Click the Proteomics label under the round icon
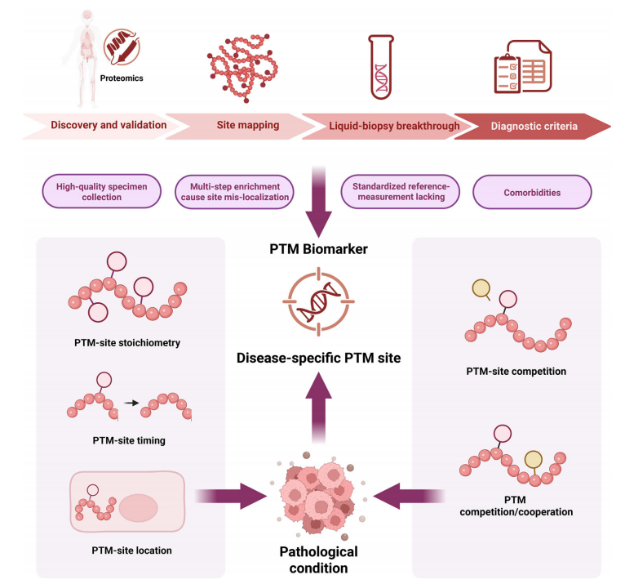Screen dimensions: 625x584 point(122,78)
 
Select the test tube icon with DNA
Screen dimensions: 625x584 point(381,67)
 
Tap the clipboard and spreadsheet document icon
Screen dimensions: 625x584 point(523,67)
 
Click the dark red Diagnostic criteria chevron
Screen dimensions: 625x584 point(533,126)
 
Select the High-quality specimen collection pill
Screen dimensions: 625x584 point(102,191)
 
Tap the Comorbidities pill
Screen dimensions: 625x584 point(532,192)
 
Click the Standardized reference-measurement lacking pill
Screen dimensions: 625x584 point(400,191)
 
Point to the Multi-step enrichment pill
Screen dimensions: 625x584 point(234,192)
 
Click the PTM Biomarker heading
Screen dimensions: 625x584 point(318,249)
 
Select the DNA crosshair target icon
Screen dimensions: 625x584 point(318,301)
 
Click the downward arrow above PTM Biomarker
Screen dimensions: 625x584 point(318,202)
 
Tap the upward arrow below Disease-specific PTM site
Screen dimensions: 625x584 point(318,407)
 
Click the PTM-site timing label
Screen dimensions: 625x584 point(129,440)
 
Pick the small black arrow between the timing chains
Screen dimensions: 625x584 point(131,403)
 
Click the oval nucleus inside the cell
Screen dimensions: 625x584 point(139,508)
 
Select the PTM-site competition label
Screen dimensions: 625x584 point(516,372)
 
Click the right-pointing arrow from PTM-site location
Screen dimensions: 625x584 point(231,496)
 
